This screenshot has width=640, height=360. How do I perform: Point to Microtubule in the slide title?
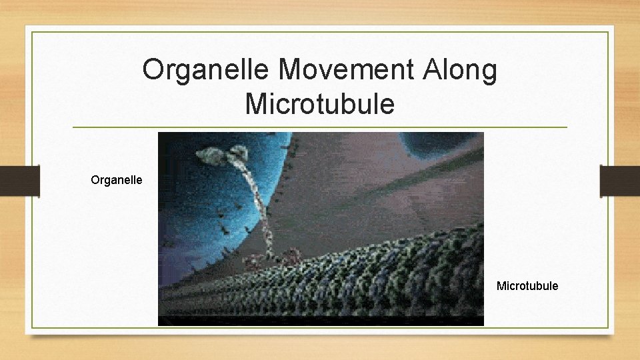point(320,104)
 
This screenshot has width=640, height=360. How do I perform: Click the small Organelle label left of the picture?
point(117,179)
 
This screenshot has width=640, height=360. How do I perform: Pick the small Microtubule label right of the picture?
point(527,286)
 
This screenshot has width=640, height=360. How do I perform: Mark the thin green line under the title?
point(320,127)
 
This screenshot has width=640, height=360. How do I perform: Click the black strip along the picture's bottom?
point(320,321)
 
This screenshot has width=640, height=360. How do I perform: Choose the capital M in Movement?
point(291,70)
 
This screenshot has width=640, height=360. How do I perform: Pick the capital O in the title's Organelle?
point(153,70)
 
